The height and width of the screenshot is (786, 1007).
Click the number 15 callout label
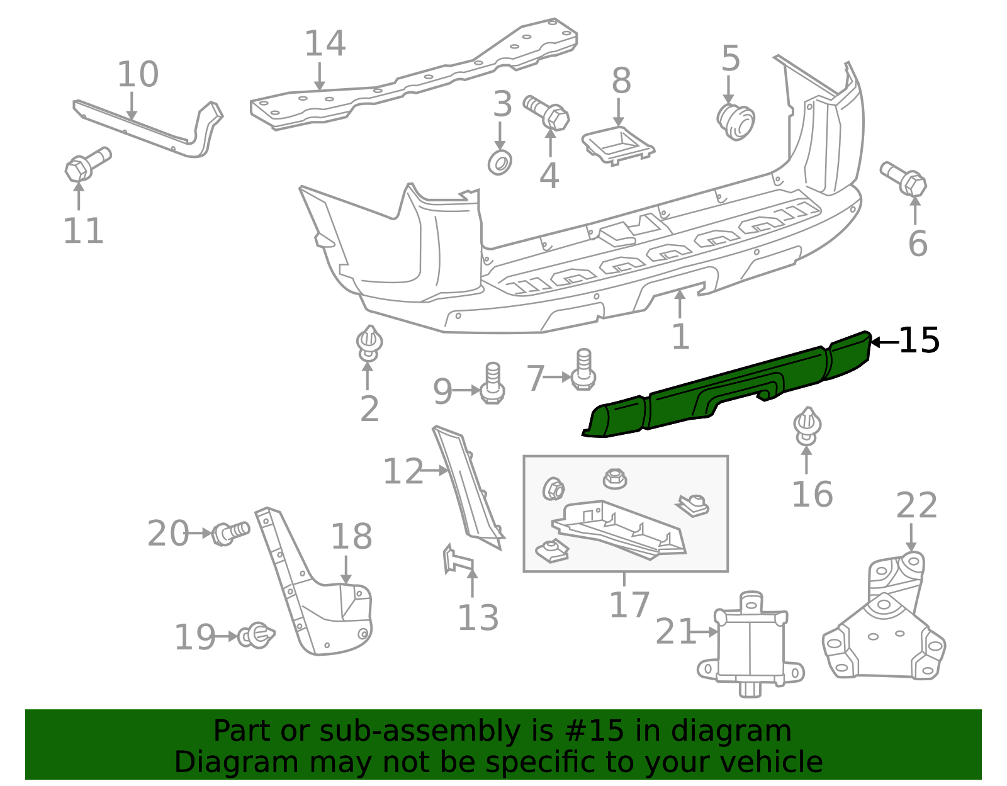pyautogui.click(x=919, y=341)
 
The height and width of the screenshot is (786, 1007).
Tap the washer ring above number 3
pyautogui.click(x=500, y=163)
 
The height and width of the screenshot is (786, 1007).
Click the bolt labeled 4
pyautogui.click(x=547, y=113)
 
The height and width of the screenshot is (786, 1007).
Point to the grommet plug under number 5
pyautogui.click(x=736, y=122)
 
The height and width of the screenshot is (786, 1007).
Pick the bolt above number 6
pyautogui.click(x=904, y=179)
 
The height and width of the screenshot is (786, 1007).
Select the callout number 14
pyautogui.click(x=325, y=43)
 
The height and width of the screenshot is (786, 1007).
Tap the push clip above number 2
pyautogui.click(x=369, y=343)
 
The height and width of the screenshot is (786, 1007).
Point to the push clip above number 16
pyautogui.click(x=807, y=426)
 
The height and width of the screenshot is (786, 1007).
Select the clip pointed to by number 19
pyautogui.click(x=256, y=636)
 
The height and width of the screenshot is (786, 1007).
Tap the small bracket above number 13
pyautogui.click(x=457, y=559)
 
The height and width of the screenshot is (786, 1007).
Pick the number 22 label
pyautogui.click(x=916, y=505)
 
